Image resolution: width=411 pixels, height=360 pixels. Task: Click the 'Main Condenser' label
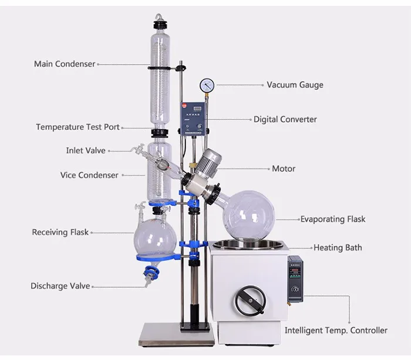pyautogui.click(x=65, y=64)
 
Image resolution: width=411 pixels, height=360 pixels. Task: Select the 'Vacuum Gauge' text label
pyautogui.click(x=295, y=85)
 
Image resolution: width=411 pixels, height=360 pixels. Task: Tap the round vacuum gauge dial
pyautogui.click(x=207, y=85)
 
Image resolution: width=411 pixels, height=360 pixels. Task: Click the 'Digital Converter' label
pyautogui.click(x=285, y=119)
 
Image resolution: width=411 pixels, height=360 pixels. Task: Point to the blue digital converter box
pyautogui.click(x=192, y=116)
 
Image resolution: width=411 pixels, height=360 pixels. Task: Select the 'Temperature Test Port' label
pyautogui.click(x=78, y=127)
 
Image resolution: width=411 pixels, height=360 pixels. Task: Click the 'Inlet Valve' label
pyautogui.click(x=86, y=151)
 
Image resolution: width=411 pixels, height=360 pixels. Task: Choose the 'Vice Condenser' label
pyautogui.click(x=89, y=175)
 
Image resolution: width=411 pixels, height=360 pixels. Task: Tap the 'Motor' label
pyautogui.click(x=284, y=169)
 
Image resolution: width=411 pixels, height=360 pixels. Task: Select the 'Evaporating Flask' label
pyautogui.click(x=332, y=219)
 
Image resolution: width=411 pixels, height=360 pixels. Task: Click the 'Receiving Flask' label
pyautogui.click(x=60, y=233)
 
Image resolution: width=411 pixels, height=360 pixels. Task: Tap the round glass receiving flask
pyautogui.click(x=155, y=237)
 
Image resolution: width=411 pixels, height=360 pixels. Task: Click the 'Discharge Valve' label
pyautogui.click(x=60, y=286)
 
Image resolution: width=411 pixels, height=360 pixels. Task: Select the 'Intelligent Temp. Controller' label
pyautogui.click(x=336, y=331)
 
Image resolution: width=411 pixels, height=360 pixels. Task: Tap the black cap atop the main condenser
pyautogui.click(x=158, y=25)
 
